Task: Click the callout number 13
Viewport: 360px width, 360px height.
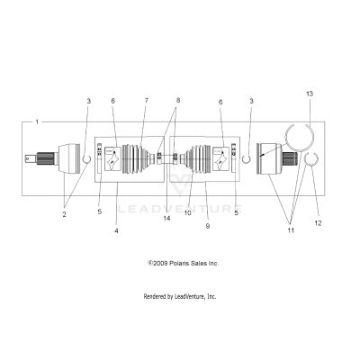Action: tap(309, 94)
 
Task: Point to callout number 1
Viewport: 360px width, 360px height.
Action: tap(37, 121)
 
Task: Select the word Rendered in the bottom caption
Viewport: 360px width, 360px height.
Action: tap(157, 296)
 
